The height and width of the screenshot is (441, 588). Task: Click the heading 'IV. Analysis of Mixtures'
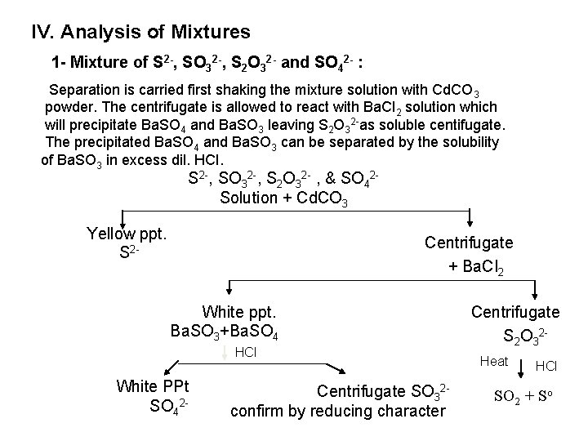(x=140, y=33)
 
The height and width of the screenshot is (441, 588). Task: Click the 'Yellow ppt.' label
(x=127, y=234)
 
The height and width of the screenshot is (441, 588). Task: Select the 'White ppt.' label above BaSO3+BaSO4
(x=239, y=311)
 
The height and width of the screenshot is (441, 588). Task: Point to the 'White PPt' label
(x=154, y=385)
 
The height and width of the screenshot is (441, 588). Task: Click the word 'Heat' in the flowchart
(x=494, y=361)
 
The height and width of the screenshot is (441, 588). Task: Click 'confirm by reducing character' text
(x=338, y=411)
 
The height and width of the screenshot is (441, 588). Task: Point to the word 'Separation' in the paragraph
(x=85, y=89)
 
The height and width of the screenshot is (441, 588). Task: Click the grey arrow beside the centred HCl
(x=225, y=354)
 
